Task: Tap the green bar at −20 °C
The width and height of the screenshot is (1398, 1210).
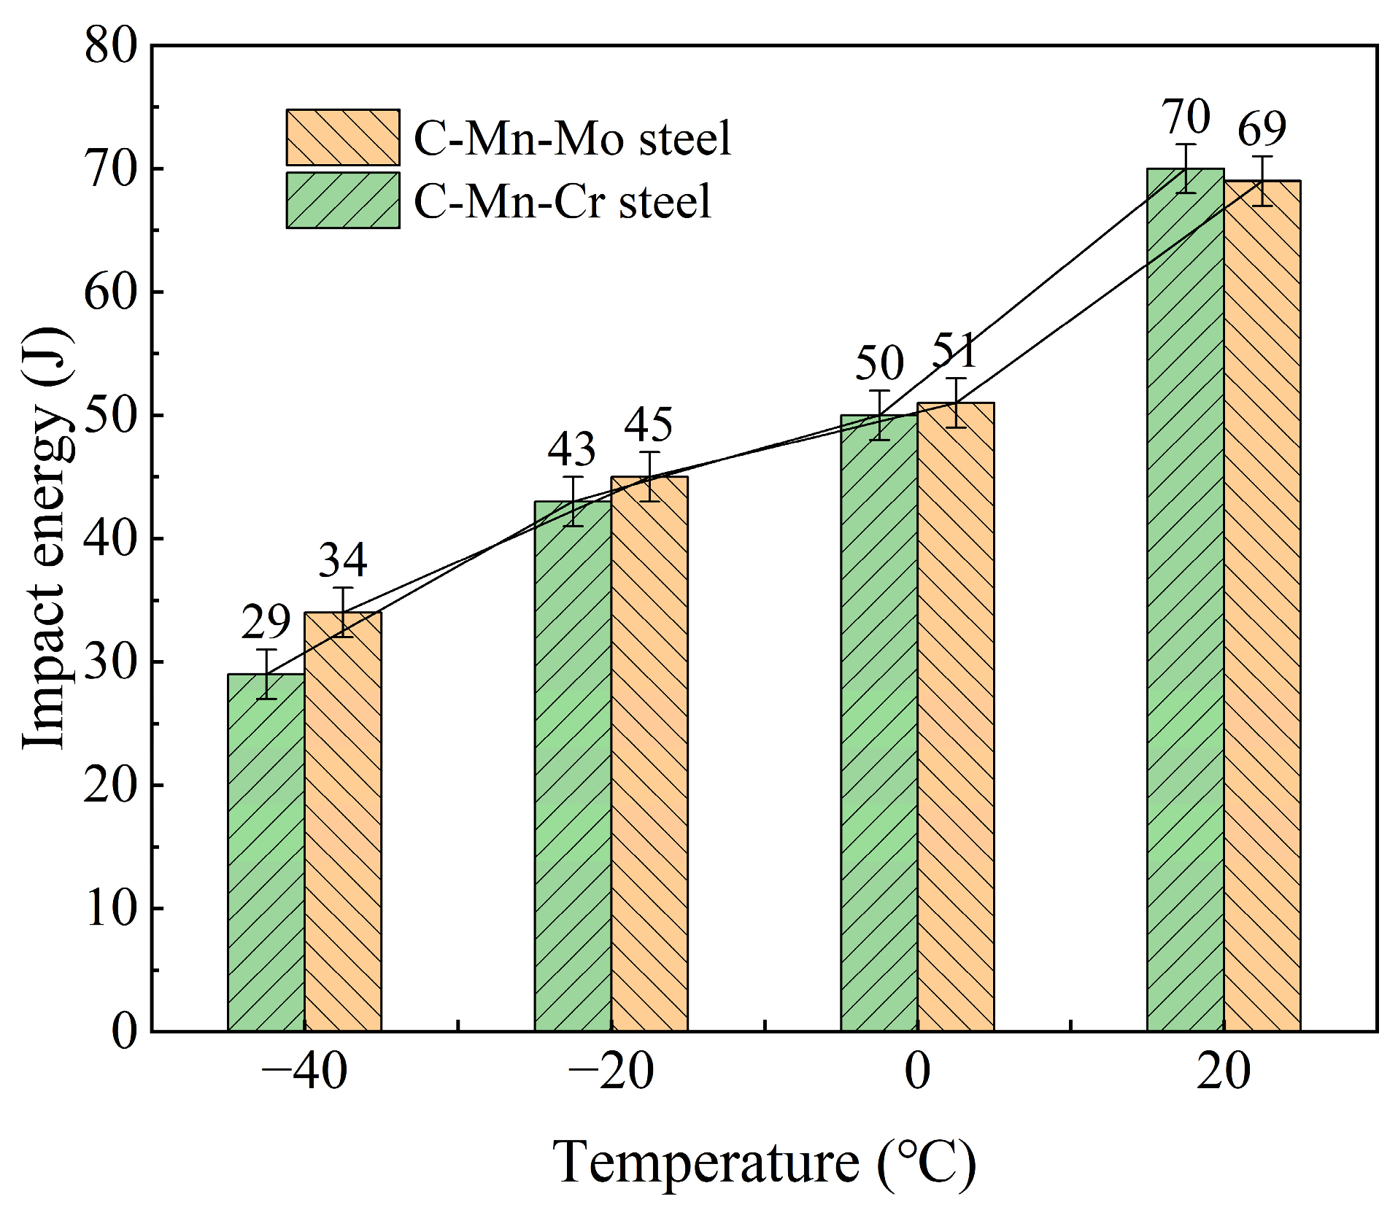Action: (573, 766)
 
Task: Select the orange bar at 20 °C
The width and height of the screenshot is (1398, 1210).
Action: (1262, 605)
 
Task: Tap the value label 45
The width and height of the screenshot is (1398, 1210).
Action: (649, 424)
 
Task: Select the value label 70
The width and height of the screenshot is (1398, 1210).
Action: (1186, 117)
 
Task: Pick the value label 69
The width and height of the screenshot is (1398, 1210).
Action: (1262, 129)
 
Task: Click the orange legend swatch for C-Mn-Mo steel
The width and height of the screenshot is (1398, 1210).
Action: (343, 138)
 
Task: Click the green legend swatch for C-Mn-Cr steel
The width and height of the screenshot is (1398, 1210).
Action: (343, 201)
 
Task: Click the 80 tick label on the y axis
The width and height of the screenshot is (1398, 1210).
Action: (110, 46)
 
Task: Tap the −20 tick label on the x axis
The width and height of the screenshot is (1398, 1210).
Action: (610, 1072)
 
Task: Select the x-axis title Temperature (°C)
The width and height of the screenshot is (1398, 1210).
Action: (764, 1162)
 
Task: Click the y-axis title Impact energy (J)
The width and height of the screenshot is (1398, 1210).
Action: (47, 538)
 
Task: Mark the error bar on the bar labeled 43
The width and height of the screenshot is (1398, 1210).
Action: (574, 501)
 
